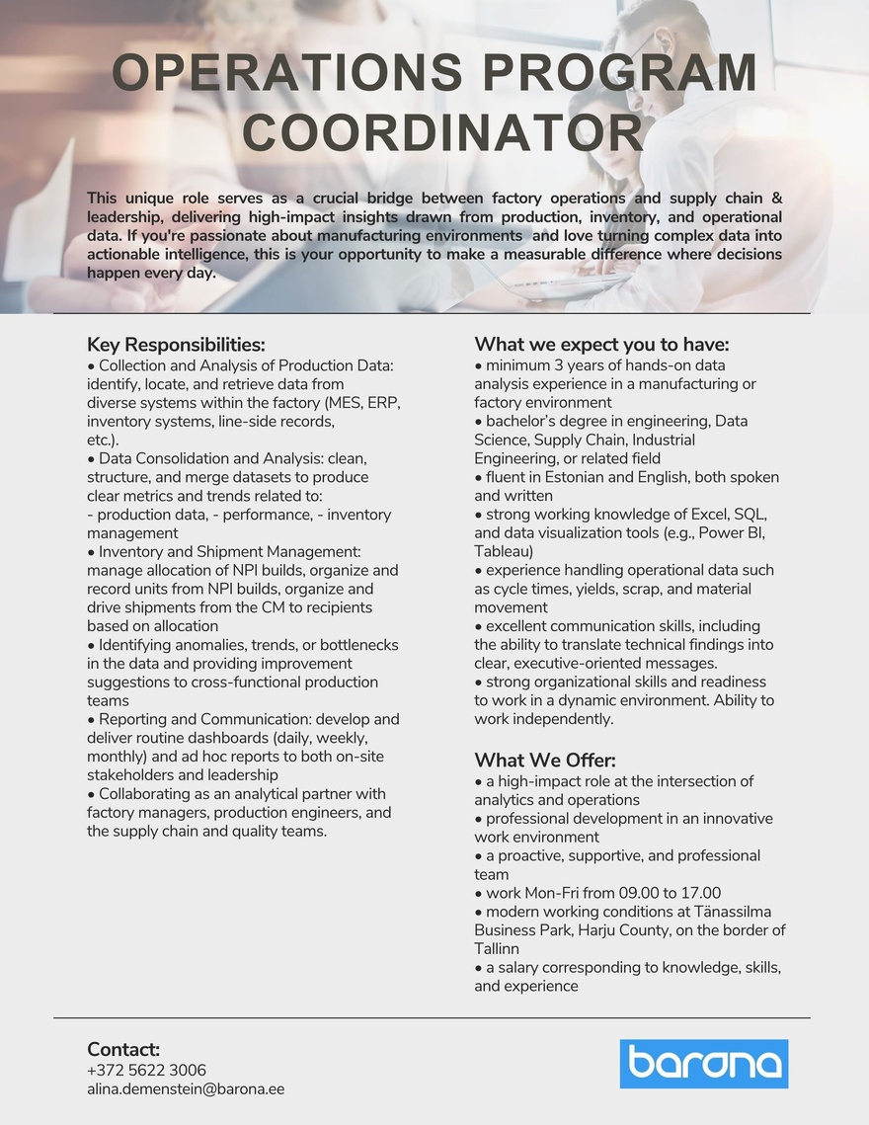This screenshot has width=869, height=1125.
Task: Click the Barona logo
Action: [704, 1064]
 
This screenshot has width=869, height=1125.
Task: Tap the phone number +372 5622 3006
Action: [146, 1071]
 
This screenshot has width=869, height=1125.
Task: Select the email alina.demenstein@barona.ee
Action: [186, 1089]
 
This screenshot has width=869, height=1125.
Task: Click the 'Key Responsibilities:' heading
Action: [176, 345]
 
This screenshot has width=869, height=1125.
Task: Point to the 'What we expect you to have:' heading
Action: [601, 345]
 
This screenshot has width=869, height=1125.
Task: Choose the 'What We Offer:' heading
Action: [545, 761]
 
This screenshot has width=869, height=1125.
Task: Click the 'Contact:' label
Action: [123, 1049]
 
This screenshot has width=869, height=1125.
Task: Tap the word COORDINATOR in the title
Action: [443, 132]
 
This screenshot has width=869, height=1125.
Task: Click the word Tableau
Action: [503, 551]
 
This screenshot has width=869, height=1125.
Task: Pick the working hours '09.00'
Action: [632, 893]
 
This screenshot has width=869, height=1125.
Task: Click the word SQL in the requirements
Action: [750, 515]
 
